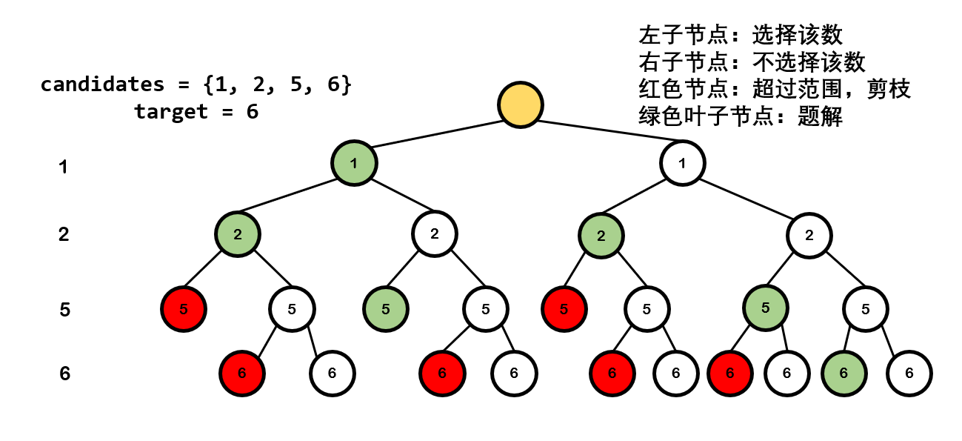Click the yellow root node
point(520,104)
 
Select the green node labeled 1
point(354,162)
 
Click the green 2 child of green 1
point(238,235)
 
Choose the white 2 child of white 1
point(809,235)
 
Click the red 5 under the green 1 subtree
point(184,308)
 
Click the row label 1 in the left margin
point(64,168)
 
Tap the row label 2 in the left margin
point(64,235)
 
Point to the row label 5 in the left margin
point(64,309)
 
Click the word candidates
point(102,84)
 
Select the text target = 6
point(196,113)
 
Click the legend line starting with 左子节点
point(741,35)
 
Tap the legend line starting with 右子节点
point(752,62)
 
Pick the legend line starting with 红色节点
point(774,90)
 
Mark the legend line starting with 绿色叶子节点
point(741,117)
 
